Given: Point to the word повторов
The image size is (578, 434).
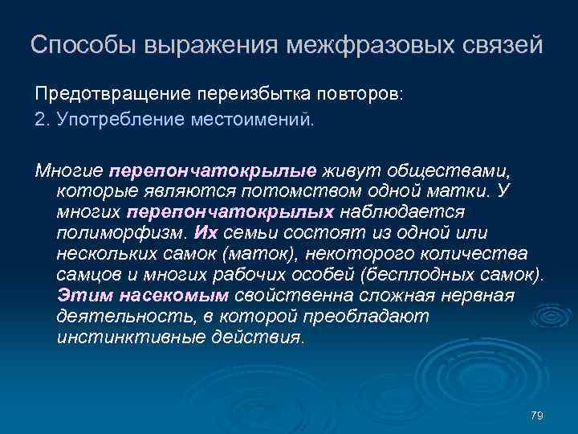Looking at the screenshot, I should pos(361,94).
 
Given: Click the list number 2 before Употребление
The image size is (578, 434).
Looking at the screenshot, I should pos(40,120).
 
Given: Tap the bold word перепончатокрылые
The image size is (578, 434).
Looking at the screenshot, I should pos(213,170).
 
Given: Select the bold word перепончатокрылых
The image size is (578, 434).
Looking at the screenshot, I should pos(230,212).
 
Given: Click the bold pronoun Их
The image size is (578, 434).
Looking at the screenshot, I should pos(205,233).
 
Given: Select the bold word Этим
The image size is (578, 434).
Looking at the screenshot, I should pos(79,296).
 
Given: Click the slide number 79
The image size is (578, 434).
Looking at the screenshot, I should pos(537,415).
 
